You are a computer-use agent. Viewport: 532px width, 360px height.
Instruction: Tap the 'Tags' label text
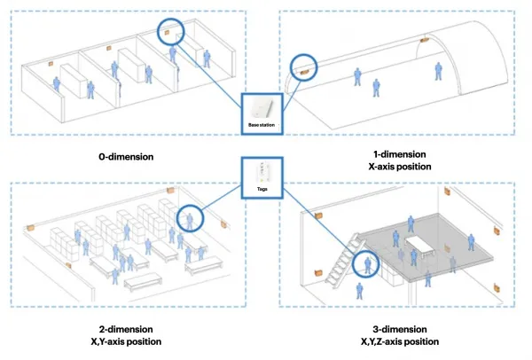(263, 190)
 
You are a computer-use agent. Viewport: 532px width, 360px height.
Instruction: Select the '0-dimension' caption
(127, 157)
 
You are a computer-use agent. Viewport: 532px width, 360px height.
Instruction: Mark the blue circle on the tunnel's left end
(305, 66)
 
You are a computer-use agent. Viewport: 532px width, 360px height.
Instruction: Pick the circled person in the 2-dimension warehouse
(188, 218)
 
